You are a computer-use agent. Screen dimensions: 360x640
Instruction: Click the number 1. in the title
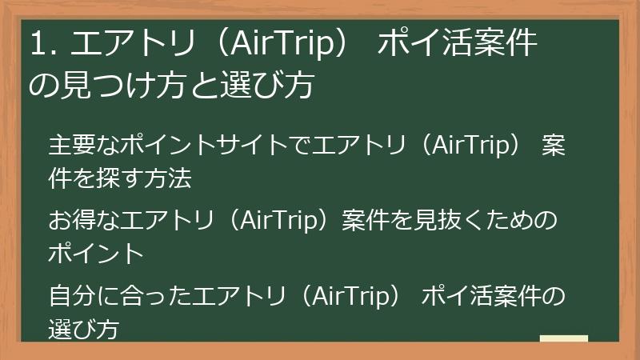pyautogui.click(x=42, y=45)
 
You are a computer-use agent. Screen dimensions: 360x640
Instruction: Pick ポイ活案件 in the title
pyautogui.click(x=456, y=45)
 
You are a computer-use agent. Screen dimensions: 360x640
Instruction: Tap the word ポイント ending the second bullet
pyautogui.click(x=96, y=254)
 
